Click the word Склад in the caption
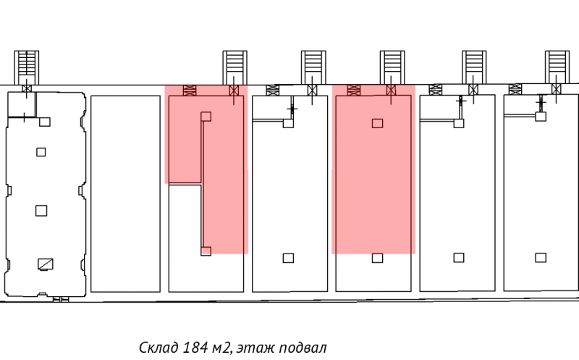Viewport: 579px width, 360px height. coord(156,348)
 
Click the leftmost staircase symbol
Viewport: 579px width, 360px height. coord(27,67)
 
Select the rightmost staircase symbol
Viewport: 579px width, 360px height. coord(556,67)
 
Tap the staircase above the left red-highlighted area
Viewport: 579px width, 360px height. coord(233,67)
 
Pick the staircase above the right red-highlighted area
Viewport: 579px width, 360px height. coord(391,67)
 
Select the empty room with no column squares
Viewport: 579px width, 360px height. coord(125,193)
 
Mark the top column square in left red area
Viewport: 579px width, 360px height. coord(206,116)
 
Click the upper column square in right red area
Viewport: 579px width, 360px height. coord(377,123)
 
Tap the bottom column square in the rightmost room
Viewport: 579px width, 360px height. coord(539,257)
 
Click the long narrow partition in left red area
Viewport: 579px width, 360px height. coord(202,184)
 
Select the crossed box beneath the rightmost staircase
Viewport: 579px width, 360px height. coord(556,90)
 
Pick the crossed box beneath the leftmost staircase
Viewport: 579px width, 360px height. coord(27,90)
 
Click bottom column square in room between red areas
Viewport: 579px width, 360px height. coord(288,257)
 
